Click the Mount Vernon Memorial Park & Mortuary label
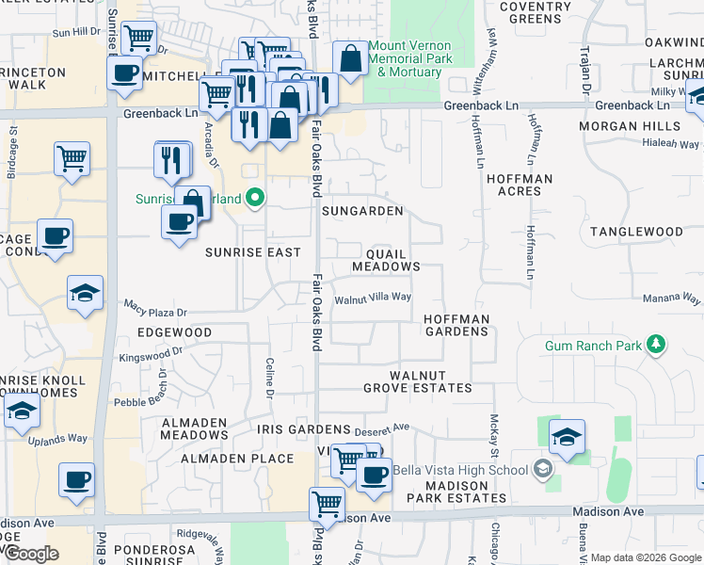(x=409, y=57)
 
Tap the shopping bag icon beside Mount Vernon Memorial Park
(x=350, y=59)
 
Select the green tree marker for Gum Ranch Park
(x=657, y=346)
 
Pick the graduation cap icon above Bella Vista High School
(x=567, y=438)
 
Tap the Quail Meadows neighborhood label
(x=386, y=260)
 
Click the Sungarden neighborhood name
(x=362, y=211)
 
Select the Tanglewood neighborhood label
(x=636, y=232)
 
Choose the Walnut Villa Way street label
(x=374, y=298)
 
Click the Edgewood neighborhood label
(x=174, y=333)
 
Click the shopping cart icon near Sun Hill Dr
(x=139, y=39)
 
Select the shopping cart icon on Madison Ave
(x=327, y=504)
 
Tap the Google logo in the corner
(x=31, y=553)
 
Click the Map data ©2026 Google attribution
(x=646, y=557)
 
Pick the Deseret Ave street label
(x=387, y=427)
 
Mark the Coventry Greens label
(x=535, y=12)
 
